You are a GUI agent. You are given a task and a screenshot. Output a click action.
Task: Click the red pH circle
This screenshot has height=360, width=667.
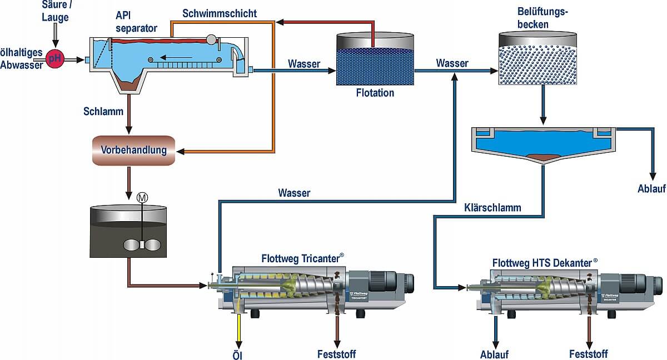click(x=55, y=58)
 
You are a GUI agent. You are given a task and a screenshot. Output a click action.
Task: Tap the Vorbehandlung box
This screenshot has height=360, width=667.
click(x=133, y=150)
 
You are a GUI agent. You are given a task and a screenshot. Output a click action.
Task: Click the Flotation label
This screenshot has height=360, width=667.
click(x=375, y=93)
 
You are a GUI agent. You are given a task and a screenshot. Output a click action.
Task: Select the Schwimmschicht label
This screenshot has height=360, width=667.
click(x=220, y=13)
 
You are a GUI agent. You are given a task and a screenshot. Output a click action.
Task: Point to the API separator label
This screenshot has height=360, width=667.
click(x=136, y=22)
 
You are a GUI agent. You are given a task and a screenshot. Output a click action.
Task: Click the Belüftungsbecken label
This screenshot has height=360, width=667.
click(x=542, y=18)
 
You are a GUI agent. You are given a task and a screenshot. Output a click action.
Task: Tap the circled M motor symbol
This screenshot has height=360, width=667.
click(x=142, y=198)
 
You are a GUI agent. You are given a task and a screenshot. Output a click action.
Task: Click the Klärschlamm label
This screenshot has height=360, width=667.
click(x=492, y=208)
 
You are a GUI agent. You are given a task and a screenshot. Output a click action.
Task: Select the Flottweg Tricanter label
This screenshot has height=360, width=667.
click(x=302, y=258)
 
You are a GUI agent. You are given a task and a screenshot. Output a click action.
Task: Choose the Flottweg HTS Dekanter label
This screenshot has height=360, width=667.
click(x=545, y=263)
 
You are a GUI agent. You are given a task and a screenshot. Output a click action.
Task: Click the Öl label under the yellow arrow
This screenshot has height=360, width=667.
click(x=237, y=355)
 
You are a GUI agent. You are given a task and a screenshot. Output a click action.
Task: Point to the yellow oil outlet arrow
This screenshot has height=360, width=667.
click(x=238, y=331)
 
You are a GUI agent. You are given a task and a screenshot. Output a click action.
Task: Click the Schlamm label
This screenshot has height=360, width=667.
click(x=103, y=111)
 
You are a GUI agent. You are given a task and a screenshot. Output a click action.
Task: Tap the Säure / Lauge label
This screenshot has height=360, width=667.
click(x=56, y=11)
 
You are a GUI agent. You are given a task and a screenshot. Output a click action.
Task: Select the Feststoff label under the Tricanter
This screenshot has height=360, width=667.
click(x=336, y=354)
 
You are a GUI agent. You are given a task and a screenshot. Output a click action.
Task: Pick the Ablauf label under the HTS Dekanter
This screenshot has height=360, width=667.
click(x=494, y=354)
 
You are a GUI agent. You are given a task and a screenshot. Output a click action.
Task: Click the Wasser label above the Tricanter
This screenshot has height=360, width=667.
click(x=294, y=193)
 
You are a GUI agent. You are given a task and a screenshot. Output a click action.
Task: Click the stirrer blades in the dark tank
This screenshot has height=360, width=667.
click(x=142, y=244)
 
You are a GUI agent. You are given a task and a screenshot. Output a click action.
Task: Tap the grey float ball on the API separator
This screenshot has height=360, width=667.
click(x=211, y=39)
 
